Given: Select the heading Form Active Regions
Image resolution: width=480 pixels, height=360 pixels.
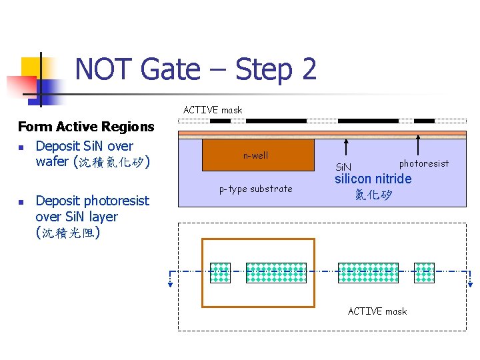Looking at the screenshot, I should point(86,127).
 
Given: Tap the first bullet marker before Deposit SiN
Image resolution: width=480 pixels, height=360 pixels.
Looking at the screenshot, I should point(21,147).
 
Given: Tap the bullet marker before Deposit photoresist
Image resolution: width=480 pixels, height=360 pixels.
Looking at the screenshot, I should point(21,201).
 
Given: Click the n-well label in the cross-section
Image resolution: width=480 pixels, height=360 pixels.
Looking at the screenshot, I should point(255,155).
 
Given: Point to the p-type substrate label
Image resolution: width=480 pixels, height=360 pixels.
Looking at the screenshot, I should point(256,189).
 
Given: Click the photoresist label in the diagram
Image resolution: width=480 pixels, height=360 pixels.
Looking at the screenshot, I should point(424,163).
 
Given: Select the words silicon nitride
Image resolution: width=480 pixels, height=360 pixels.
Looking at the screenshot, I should point(373,179).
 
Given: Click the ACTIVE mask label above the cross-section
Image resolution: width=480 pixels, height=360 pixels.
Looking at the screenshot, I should point(213,110).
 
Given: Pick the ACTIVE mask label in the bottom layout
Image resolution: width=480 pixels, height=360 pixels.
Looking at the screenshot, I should point(377,311).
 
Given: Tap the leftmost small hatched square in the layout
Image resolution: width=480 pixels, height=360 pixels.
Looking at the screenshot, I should point(220,273).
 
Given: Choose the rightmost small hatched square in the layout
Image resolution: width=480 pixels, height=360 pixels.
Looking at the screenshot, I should point(424,273).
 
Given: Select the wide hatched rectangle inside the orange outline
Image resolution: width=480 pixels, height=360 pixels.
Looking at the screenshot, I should point(276,273).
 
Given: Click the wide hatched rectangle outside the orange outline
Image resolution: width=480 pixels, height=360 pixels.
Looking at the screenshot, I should point(369,273).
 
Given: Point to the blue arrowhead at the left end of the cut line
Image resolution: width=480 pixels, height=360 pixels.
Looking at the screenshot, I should point(171,283).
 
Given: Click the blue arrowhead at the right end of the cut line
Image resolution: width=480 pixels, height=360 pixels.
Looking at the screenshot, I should point(470,283).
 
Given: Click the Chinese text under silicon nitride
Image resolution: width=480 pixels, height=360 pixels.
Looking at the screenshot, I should point(373,195).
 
